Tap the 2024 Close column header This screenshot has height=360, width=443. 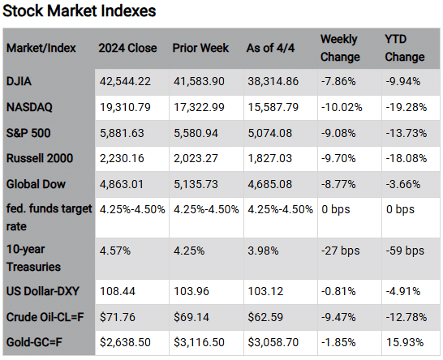tap(127, 48)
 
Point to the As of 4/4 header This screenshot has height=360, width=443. tap(273, 48)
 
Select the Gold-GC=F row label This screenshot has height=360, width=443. tap(38, 342)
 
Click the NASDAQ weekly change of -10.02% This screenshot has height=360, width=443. tap(341, 105)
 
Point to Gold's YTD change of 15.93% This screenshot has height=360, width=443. tap(402, 342)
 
